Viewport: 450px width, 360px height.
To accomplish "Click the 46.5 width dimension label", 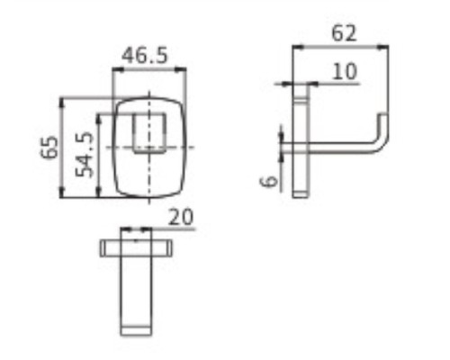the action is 145,56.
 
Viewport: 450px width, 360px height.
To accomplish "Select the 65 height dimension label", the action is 49,147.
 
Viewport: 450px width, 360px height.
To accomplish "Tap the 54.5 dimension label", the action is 85,155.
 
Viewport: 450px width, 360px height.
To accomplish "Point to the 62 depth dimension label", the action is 344,33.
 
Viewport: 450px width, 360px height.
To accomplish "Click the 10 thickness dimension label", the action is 345,71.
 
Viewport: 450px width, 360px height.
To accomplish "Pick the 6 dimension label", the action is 269,181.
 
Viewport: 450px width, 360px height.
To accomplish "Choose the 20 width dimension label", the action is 181,217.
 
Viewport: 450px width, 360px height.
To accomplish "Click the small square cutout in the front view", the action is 149,133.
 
